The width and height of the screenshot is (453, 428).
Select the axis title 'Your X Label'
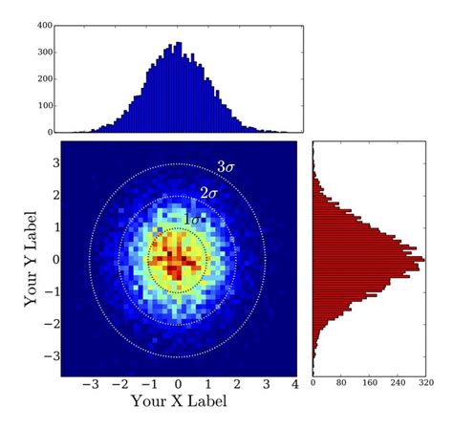coord(179,402)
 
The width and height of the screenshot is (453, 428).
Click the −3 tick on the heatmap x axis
coord(92,384)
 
